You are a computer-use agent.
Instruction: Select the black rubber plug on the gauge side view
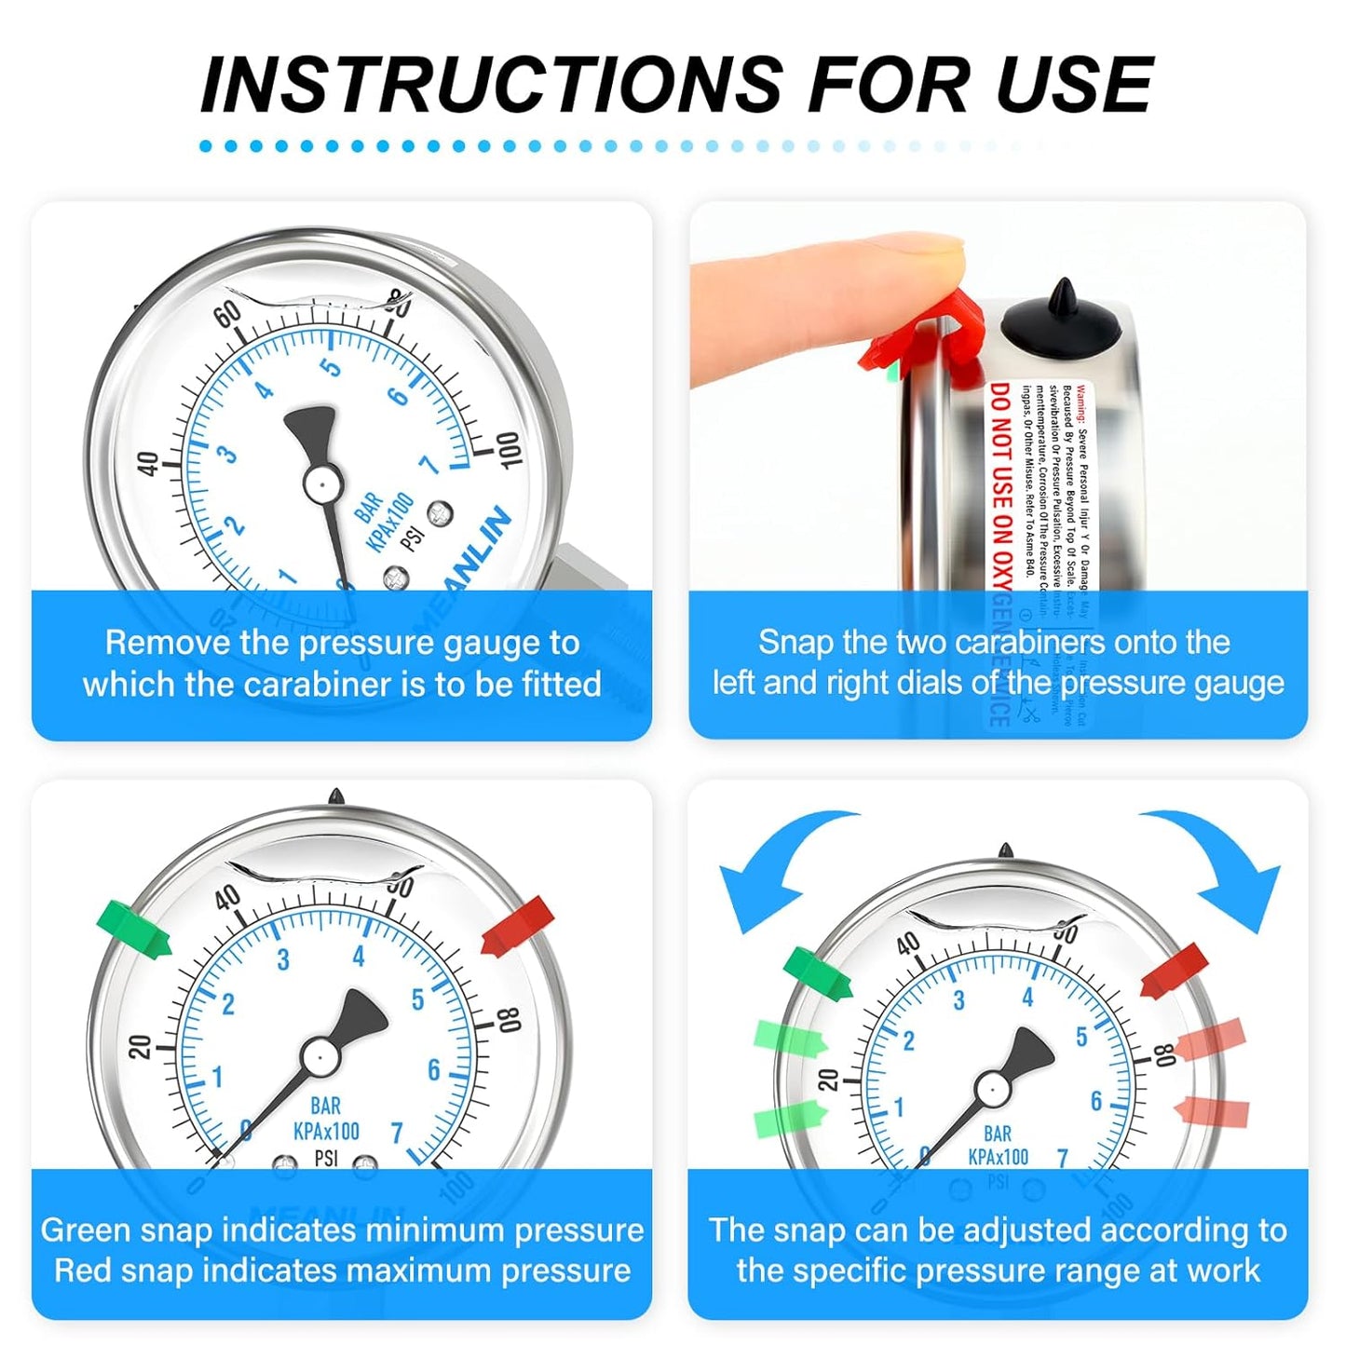1062,321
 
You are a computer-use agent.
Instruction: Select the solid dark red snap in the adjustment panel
1174,971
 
